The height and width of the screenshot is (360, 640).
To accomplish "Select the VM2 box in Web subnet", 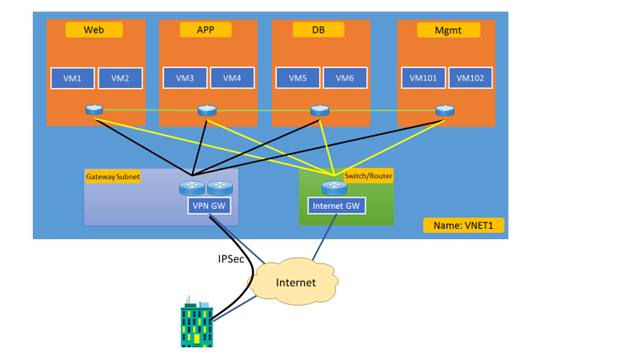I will click(x=120, y=78).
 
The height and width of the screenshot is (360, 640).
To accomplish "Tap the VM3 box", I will click(x=185, y=78).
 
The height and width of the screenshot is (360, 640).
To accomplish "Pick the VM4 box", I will click(x=232, y=78).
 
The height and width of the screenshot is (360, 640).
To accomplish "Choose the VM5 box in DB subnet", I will click(x=298, y=78).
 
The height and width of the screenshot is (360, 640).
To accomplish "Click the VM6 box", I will click(x=345, y=78).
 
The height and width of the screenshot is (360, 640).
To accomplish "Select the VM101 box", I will click(x=423, y=78).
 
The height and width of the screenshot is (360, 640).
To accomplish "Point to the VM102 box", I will click(x=471, y=78).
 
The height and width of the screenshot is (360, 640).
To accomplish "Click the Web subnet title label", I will click(x=94, y=30).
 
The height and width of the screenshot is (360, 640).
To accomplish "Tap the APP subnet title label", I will click(x=206, y=30).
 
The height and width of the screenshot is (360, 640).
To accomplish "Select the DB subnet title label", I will click(x=319, y=30).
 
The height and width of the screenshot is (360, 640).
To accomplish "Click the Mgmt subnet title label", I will click(x=445, y=30).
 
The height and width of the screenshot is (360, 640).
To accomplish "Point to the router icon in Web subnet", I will click(x=94, y=110).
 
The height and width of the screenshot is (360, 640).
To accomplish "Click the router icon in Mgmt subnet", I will click(x=444, y=110).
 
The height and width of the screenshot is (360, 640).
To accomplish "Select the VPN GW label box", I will click(x=209, y=205).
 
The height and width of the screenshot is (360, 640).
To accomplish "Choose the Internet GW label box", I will click(x=335, y=207).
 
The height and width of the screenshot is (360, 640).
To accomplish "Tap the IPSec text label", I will click(x=231, y=259).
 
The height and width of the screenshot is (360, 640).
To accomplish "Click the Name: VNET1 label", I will click(x=463, y=226).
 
